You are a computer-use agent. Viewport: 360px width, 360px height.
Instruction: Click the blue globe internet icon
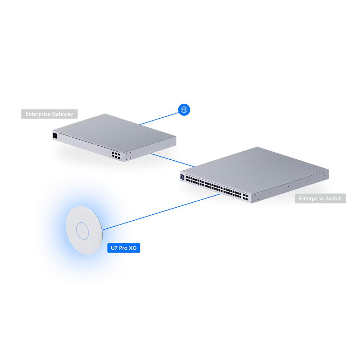point(184,110)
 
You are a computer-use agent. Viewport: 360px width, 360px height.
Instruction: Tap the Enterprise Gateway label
point(49,114)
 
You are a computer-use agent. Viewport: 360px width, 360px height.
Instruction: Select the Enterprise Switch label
point(320,199)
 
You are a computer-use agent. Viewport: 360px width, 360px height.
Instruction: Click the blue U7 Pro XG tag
point(123,248)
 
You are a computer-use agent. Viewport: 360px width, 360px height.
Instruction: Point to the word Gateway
point(62,114)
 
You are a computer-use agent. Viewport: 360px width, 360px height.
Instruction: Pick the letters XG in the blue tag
point(132,248)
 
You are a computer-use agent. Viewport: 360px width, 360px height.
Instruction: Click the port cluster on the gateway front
point(116,156)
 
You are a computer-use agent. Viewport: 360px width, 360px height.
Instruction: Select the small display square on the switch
point(183,177)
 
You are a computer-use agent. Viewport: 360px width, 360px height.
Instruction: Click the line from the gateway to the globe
point(159,118)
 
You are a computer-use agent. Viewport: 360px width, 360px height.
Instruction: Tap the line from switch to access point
point(161,212)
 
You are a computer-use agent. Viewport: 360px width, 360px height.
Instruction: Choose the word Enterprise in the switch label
point(311,199)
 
